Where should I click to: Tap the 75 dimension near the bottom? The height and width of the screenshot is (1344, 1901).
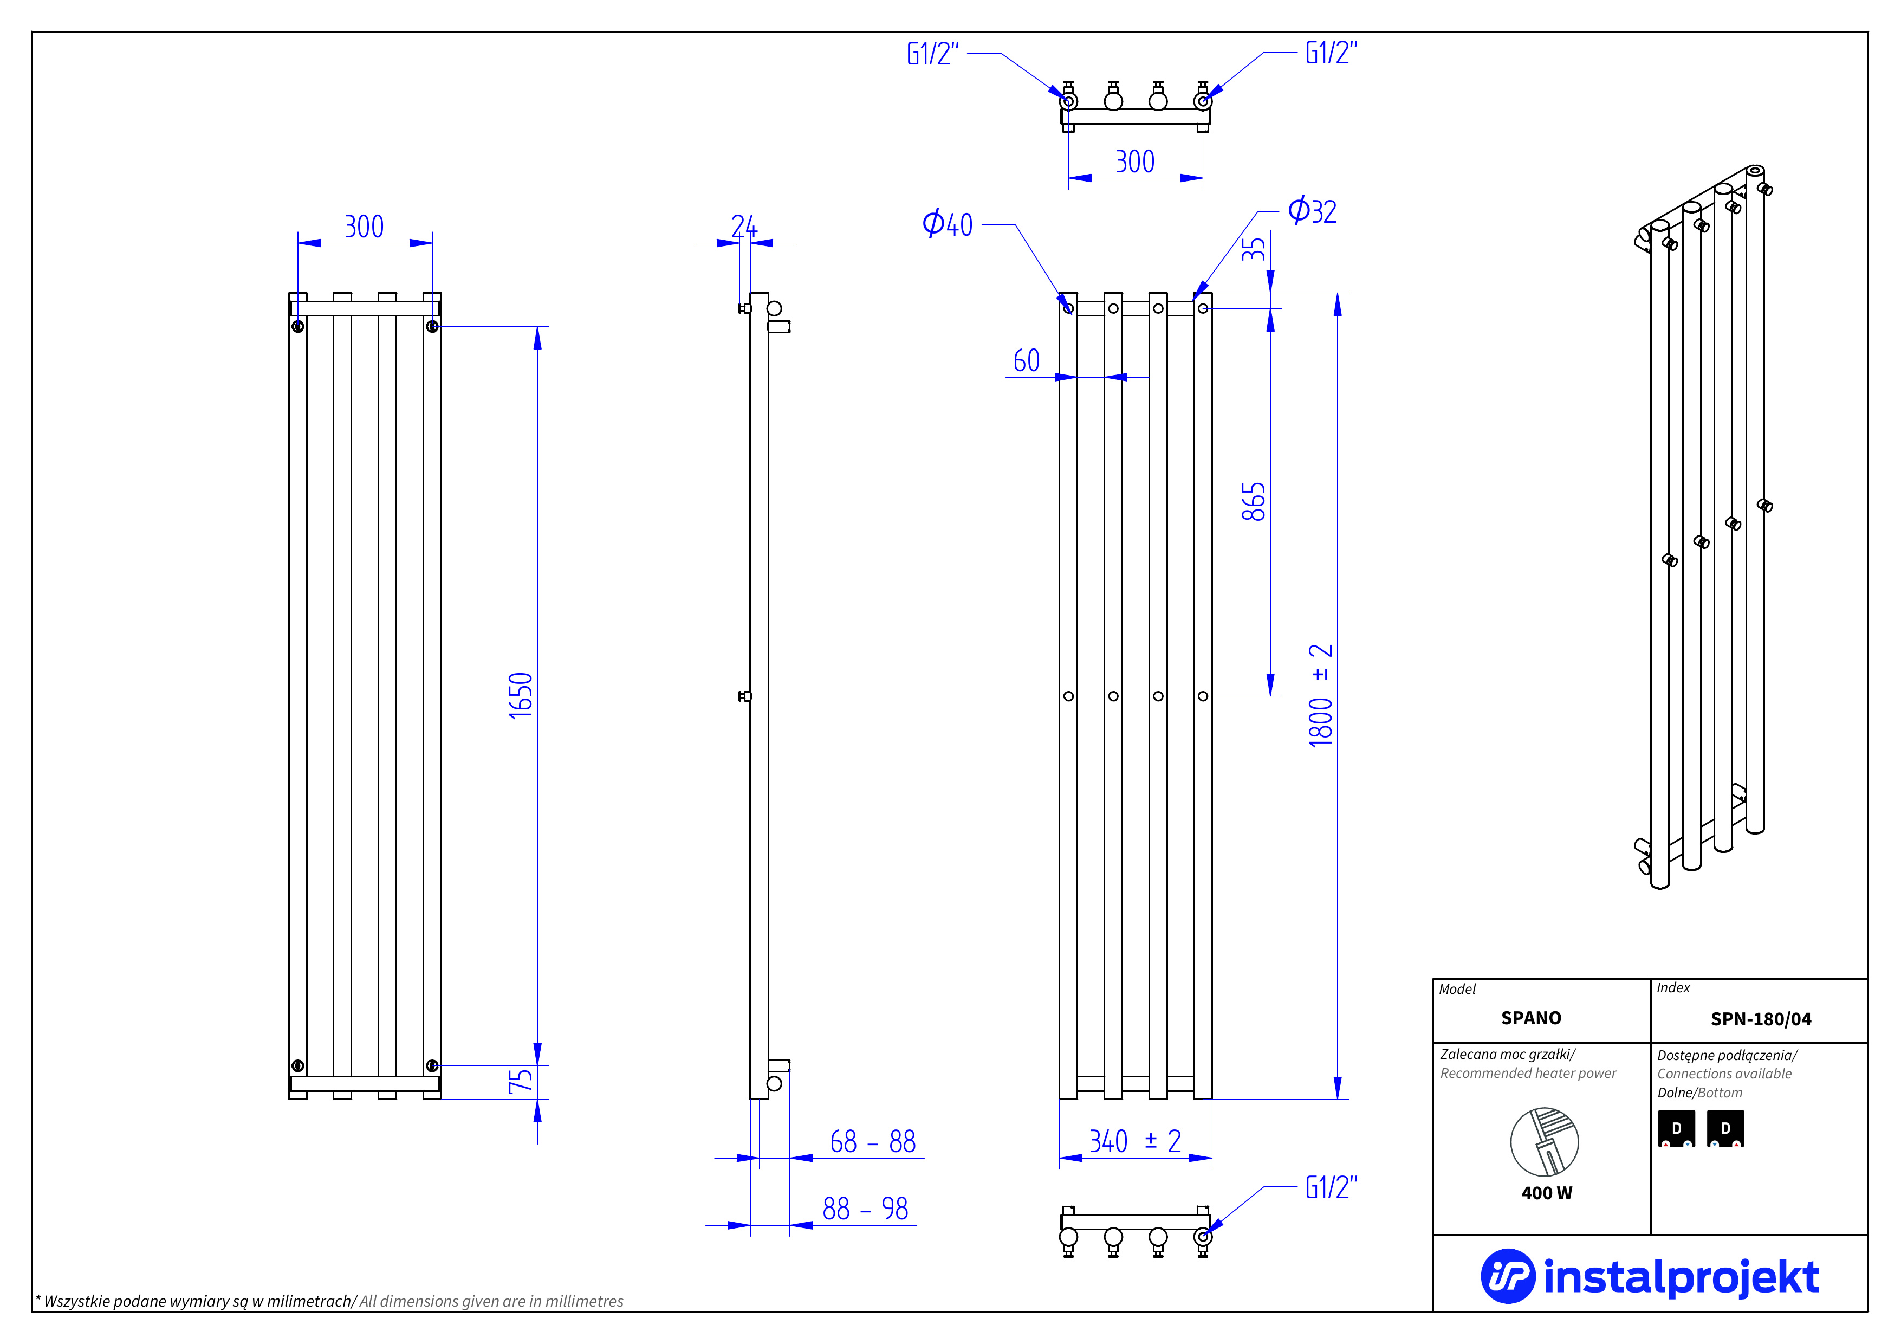[521, 1081]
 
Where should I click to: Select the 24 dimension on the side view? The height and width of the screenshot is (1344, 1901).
[743, 226]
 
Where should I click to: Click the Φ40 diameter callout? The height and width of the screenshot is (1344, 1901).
[947, 224]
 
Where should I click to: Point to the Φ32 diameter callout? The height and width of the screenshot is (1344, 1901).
[1312, 211]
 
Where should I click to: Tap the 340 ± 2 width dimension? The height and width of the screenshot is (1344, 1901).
[1135, 1141]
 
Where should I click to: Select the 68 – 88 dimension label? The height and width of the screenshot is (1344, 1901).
[873, 1142]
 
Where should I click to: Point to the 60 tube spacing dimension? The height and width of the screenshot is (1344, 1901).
[1027, 360]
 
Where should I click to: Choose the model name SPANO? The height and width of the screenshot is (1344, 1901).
[1531, 1018]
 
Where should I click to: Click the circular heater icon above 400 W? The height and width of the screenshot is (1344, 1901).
[1544, 1142]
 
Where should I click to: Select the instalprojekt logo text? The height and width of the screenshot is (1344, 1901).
[1681, 1277]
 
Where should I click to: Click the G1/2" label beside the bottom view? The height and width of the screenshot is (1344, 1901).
[1331, 1187]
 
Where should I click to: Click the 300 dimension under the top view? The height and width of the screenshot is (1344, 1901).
[1134, 161]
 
